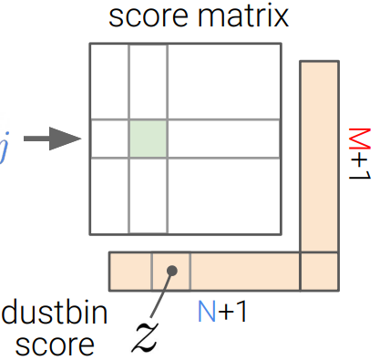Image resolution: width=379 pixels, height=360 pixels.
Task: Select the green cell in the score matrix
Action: [148, 138]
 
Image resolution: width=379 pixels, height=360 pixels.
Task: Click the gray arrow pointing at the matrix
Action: [49, 139]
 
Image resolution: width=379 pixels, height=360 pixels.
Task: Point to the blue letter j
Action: [5, 141]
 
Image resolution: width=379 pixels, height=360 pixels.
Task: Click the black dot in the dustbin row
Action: [171, 271]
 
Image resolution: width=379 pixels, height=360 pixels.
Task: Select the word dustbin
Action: [55, 314]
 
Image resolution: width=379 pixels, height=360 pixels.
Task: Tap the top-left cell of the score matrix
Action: [109, 80]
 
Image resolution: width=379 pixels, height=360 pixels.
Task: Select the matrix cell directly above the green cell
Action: [148, 80]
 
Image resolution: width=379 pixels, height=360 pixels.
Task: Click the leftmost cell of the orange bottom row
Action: [130, 271]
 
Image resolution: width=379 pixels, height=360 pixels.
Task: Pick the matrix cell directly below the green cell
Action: [148, 196]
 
